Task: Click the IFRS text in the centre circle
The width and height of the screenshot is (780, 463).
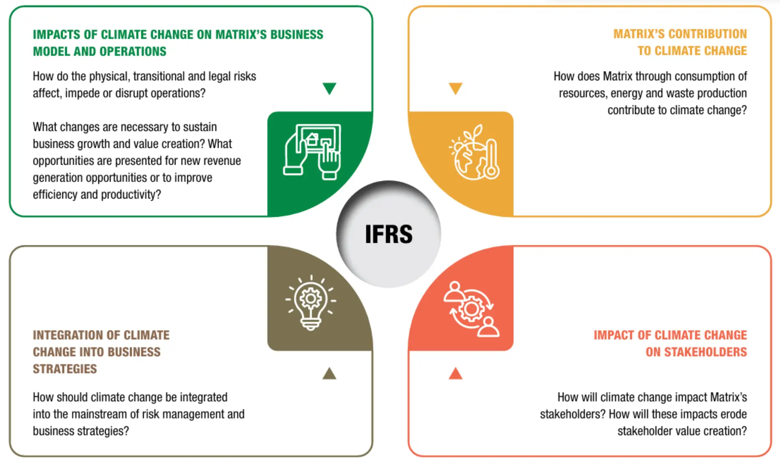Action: pos(389,234)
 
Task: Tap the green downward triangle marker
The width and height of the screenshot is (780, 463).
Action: pos(329,88)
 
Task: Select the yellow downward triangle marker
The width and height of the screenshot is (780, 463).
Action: pos(456,88)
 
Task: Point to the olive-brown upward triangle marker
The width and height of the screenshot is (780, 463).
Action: pos(329,373)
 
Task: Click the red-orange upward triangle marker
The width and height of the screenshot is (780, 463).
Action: pos(456,373)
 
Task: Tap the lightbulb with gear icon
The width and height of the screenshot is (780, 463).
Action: pos(311,303)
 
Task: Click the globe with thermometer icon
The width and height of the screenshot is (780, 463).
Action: pos(474,153)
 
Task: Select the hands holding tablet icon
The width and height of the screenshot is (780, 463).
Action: pos(312,152)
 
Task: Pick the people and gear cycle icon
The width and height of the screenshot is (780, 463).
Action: pos(472,309)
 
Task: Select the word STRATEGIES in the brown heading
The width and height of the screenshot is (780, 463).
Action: pos(65,369)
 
